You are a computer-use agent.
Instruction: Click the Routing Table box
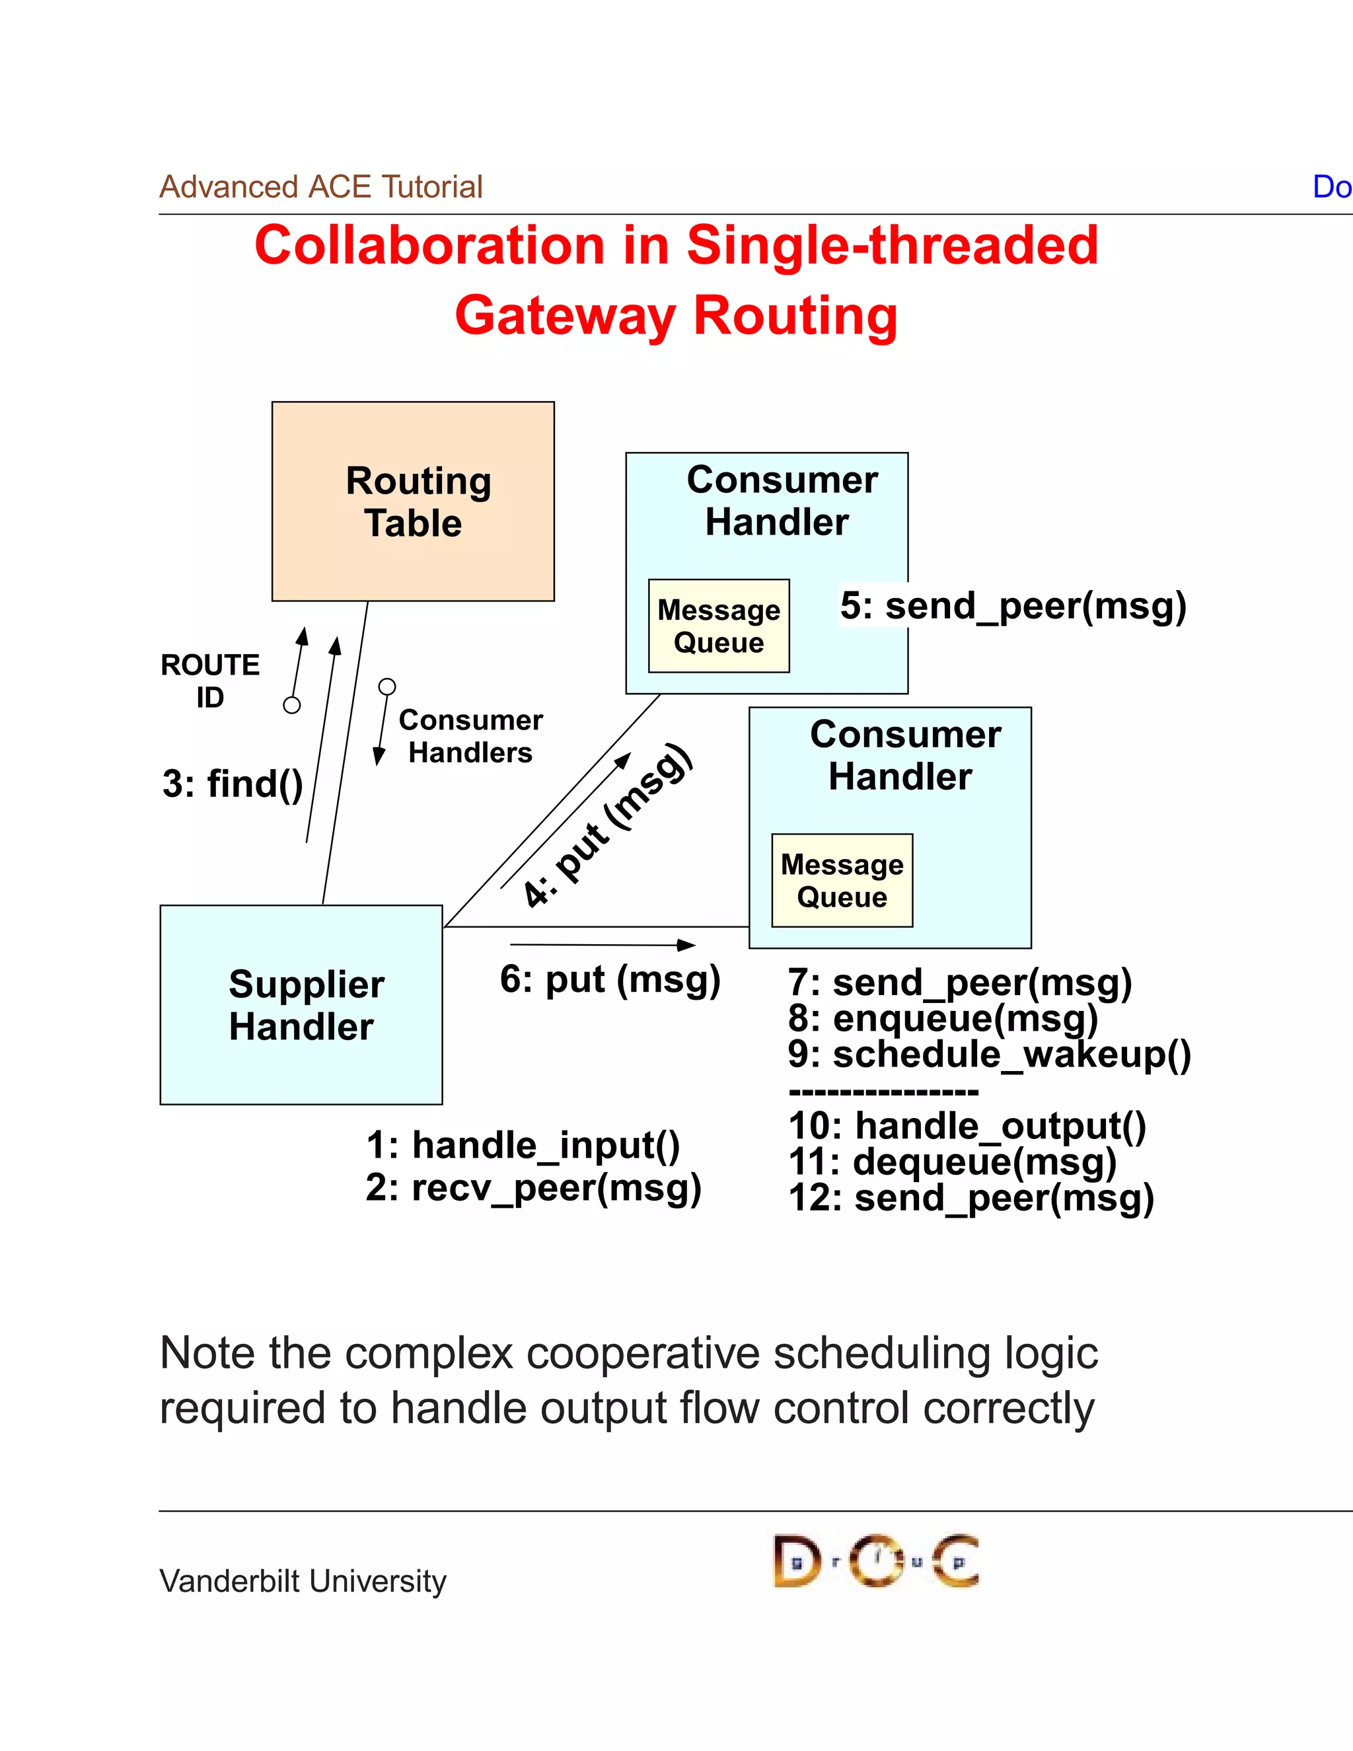[413, 501]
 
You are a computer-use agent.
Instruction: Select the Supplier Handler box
[301, 1004]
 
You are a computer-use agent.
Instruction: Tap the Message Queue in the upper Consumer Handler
[719, 626]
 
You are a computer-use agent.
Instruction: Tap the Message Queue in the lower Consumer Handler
[842, 880]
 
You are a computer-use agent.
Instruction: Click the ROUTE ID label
[210, 681]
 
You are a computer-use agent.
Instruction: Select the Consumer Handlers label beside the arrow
[470, 736]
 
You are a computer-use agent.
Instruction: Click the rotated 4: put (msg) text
[606, 826]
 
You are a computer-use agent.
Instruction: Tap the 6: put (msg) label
[610, 980]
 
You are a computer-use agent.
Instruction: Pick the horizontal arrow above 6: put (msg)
[602, 946]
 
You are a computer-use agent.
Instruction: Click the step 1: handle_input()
[523, 1145]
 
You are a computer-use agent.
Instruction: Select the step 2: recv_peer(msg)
[533, 1187]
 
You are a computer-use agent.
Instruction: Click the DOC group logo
[875, 1561]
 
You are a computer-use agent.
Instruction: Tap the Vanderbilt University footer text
[303, 1581]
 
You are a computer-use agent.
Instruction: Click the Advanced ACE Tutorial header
[320, 187]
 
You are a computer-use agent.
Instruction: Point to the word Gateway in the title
[565, 315]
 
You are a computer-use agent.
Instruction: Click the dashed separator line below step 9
[883, 1091]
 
